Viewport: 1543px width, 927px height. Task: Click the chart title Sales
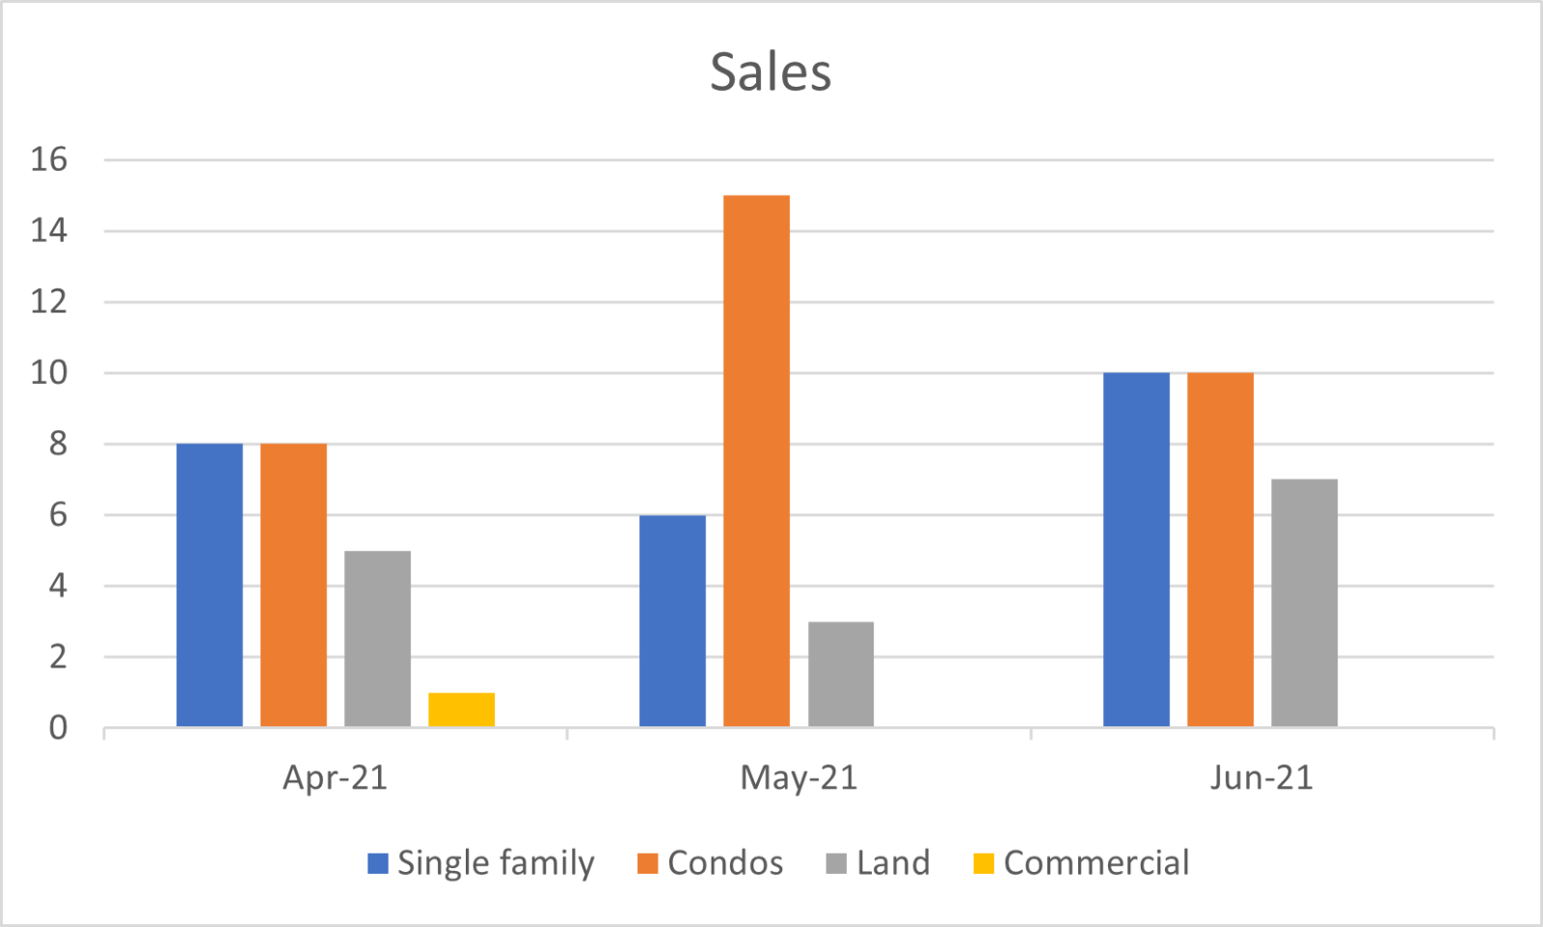pos(771,72)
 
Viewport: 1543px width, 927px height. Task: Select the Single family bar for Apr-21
pos(209,585)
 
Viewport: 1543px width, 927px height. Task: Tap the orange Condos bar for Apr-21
pos(293,585)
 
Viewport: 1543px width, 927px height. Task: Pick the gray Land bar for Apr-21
pos(377,639)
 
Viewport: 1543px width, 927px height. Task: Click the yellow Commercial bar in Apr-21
pos(461,710)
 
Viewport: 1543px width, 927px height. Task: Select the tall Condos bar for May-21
pos(756,461)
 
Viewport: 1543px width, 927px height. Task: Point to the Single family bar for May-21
pos(672,620)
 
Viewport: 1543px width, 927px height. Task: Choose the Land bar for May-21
pos(841,674)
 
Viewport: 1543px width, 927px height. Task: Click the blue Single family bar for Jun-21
pos(1136,550)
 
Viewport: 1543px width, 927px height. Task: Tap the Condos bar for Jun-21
pos(1220,550)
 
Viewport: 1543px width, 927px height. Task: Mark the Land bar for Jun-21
pos(1304,603)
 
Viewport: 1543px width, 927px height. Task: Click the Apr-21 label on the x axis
pos(335,777)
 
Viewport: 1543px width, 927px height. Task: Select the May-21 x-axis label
pos(799,777)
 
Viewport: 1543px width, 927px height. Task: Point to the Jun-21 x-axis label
pos(1261,777)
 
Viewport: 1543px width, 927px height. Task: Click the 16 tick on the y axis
pos(49,159)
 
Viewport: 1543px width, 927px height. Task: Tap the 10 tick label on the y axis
pos(49,372)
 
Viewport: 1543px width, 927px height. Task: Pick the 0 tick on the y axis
pos(58,727)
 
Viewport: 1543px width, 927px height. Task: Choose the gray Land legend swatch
pos(836,863)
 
